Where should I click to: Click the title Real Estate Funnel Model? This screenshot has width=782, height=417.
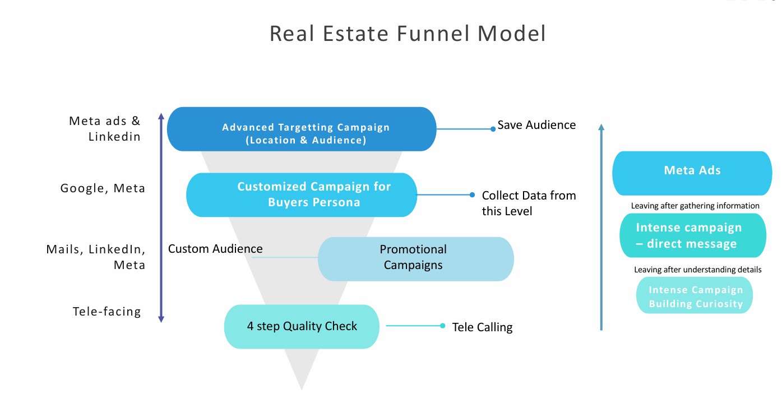[x=408, y=34]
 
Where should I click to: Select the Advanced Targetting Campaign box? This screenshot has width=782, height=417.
[x=302, y=129]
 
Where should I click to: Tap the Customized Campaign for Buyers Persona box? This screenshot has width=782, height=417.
[x=302, y=194]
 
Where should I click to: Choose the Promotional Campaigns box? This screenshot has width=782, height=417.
[x=416, y=259]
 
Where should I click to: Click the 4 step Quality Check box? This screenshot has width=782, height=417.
[x=302, y=327]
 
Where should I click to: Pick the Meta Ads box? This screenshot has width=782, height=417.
[x=692, y=173]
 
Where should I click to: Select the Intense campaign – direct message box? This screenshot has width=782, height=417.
[x=693, y=235]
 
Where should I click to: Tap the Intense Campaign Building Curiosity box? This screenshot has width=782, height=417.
[x=695, y=295]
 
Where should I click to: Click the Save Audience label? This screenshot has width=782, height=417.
[x=536, y=125]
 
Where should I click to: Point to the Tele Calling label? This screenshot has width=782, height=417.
[x=482, y=327]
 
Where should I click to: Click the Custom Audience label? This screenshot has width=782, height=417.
[x=215, y=249]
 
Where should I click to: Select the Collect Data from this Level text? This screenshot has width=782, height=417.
[x=529, y=203]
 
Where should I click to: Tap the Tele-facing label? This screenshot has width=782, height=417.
[x=107, y=311]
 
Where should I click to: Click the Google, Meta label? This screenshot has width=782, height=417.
[x=103, y=188]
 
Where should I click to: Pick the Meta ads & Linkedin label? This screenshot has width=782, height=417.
[x=105, y=128]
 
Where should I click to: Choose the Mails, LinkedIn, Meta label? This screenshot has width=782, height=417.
[x=96, y=257]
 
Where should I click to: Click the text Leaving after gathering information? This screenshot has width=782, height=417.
[x=695, y=206]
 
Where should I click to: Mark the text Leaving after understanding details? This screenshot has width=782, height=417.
[x=698, y=270]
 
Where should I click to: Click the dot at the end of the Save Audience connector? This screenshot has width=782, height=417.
[x=493, y=129]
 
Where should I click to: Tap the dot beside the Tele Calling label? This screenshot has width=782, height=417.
[x=443, y=326]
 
